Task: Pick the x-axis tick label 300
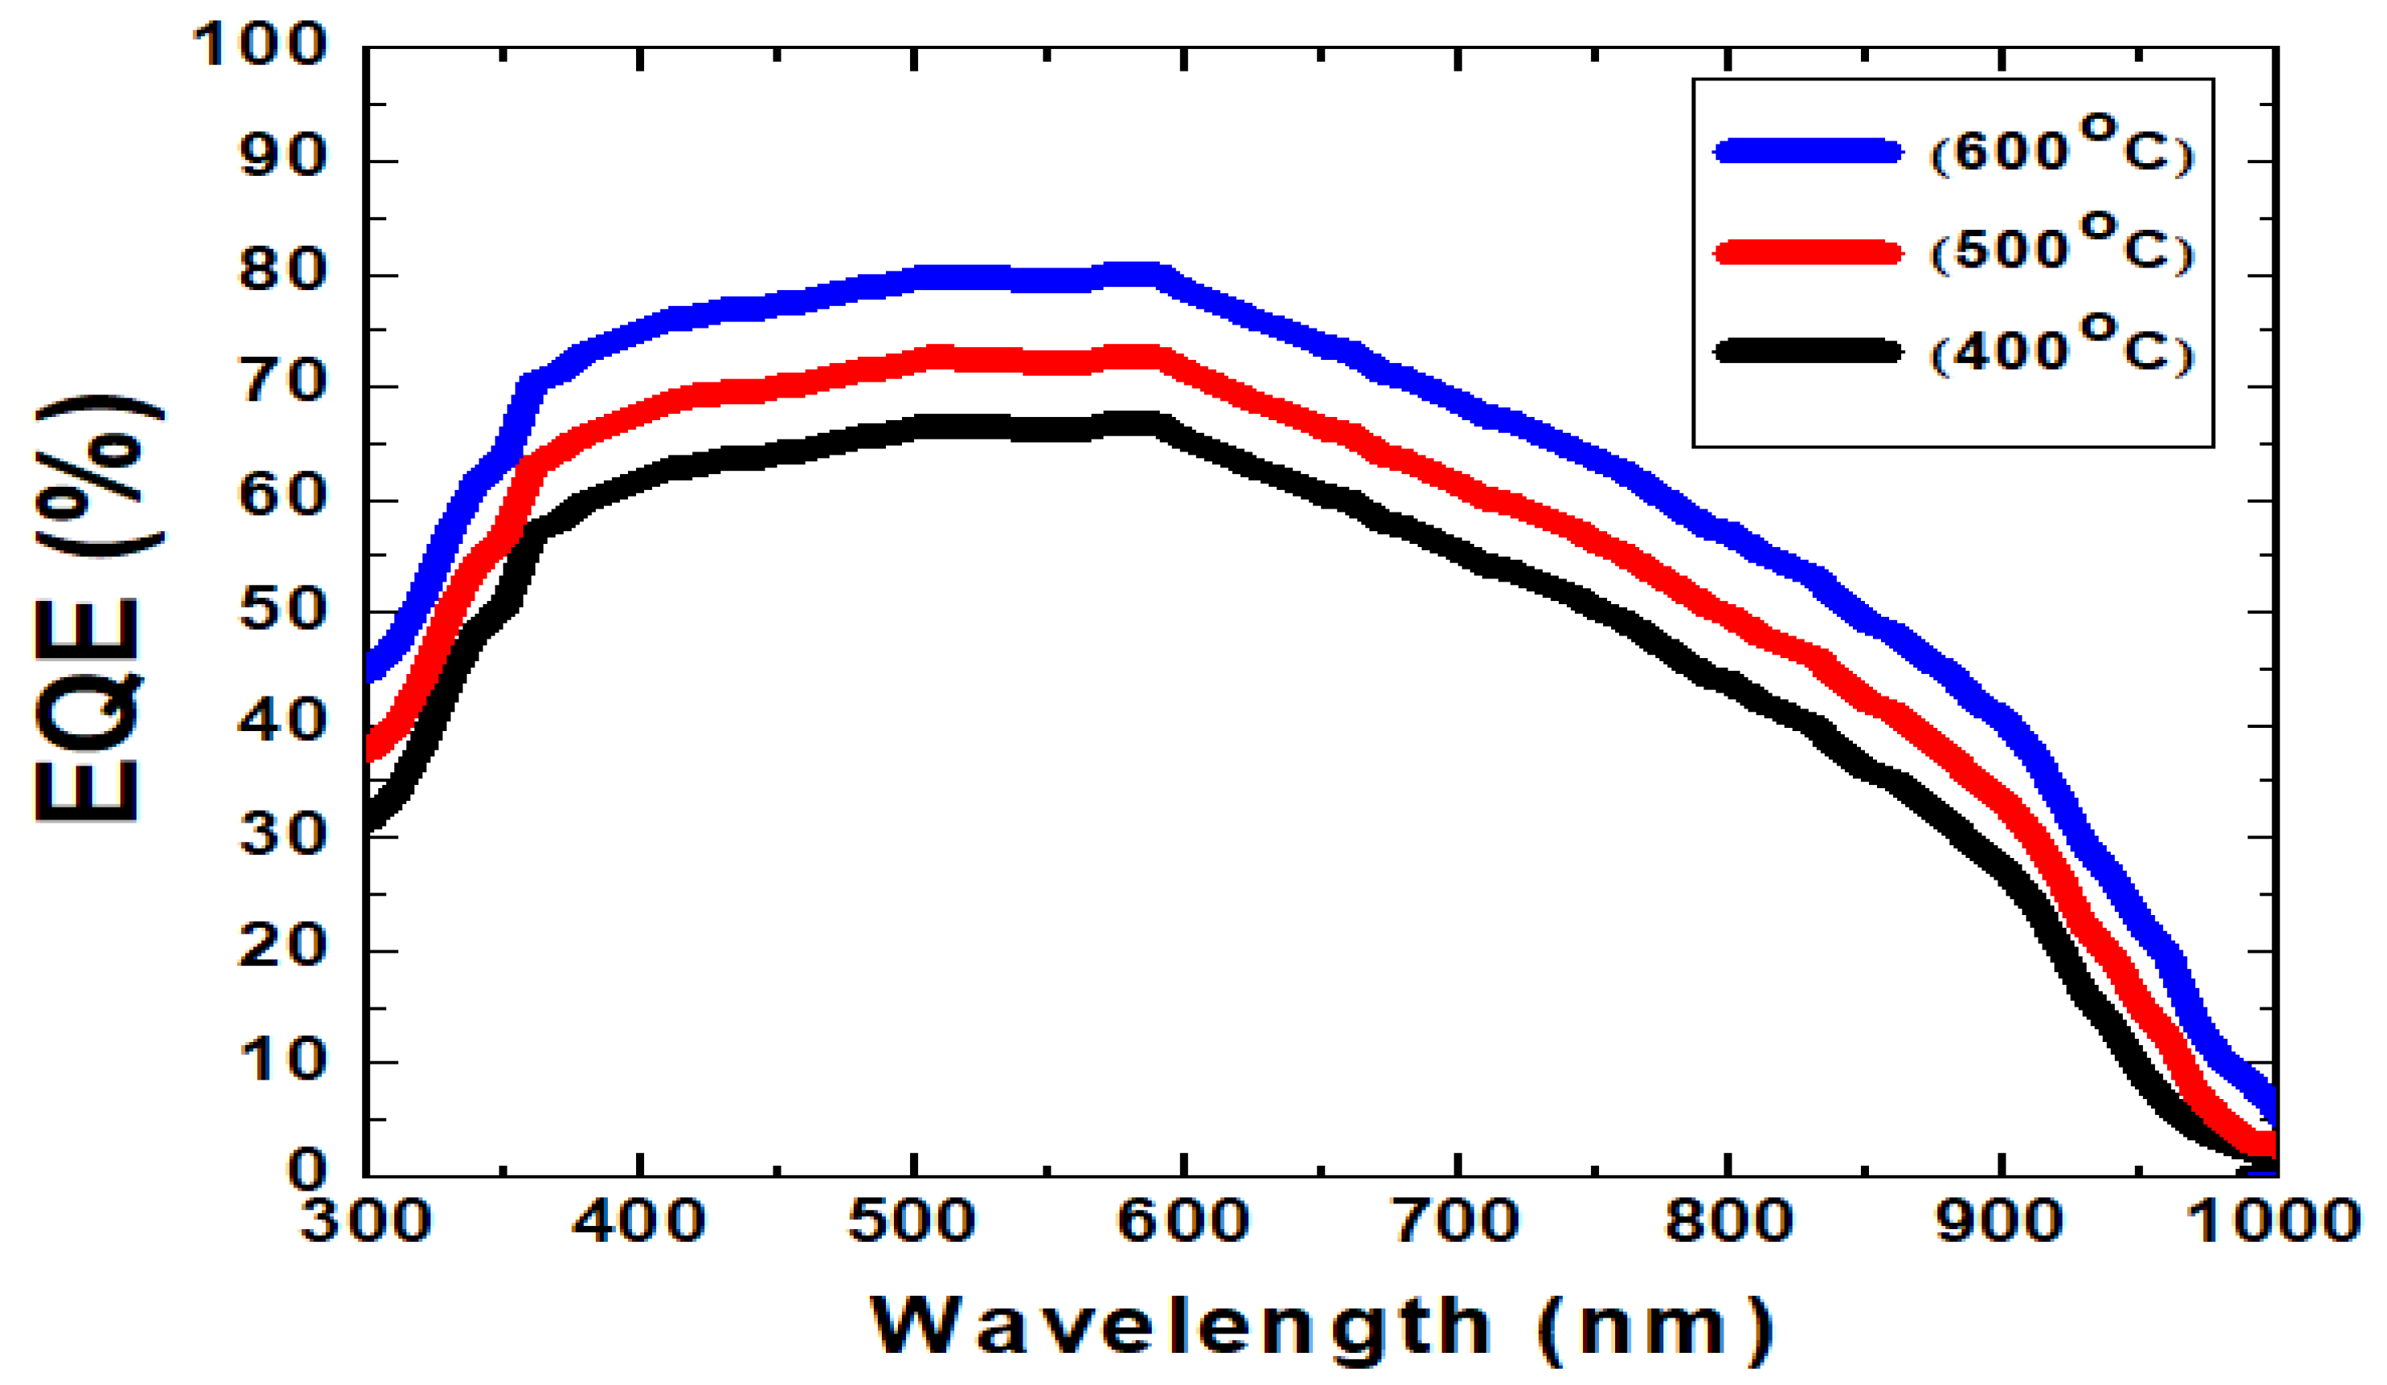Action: [x=365, y=1221]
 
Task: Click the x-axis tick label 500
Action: [x=912, y=1221]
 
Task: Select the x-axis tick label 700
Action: [x=1457, y=1221]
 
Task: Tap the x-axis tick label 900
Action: [x=2000, y=1221]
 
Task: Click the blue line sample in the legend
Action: [x=1807, y=150]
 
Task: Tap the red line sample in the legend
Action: [x=1807, y=252]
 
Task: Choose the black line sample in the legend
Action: [x=1807, y=350]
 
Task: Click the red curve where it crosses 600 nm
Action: [x=1184, y=370]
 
